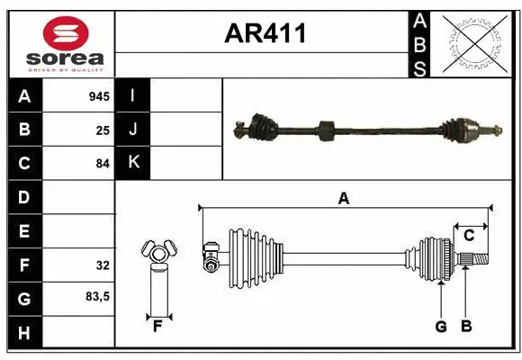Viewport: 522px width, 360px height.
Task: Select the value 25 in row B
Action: click(x=103, y=130)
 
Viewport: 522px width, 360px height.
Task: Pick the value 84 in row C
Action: click(x=103, y=165)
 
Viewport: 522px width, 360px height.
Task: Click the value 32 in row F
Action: click(x=103, y=266)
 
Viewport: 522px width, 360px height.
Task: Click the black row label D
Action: click(x=23, y=197)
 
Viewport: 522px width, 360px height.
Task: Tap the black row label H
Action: click(x=23, y=334)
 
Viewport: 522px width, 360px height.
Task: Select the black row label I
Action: click(x=133, y=95)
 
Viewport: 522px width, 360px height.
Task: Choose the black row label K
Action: click(x=133, y=164)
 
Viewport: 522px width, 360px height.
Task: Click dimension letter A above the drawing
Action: click(x=343, y=199)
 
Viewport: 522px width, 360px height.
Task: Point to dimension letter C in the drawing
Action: click(x=469, y=236)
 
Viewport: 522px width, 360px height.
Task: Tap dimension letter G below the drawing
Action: click(x=441, y=327)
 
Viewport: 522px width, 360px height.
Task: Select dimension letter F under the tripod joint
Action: click(x=157, y=327)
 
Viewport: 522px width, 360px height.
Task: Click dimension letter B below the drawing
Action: click(x=465, y=327)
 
